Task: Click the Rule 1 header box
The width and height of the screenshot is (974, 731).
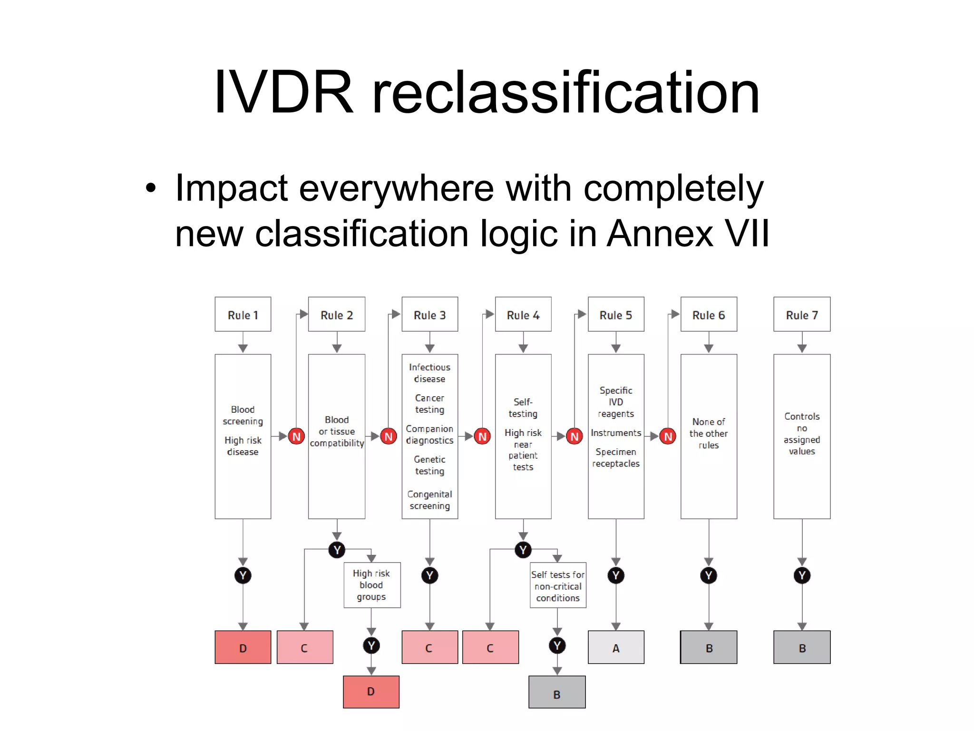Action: tap(243, 315)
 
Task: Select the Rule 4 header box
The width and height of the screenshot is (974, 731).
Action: tap(523, 315)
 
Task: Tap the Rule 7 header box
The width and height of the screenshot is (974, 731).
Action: tap(802, 315)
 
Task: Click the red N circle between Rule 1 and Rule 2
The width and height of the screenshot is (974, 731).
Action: tap(296, 436)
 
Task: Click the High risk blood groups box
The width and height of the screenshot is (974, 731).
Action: tap(371, 585)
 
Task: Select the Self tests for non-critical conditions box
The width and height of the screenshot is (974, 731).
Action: tap(558, 586)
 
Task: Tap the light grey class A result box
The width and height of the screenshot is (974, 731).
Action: tap(616, 647)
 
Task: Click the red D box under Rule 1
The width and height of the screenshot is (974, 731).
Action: tap(243, 647)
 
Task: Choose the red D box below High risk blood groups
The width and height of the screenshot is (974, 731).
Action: tap(371, 691)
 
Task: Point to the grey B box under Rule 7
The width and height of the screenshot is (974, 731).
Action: tap(802, 647)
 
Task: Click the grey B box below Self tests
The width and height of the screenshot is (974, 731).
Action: tap(557, 692)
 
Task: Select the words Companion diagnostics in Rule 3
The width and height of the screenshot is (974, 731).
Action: tap(429, 435)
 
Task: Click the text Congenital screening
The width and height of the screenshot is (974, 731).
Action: tap(429, 500)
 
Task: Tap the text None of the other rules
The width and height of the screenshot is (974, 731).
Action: tap(709, 433)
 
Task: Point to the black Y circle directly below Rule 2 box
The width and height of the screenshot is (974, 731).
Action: tap(337, 550)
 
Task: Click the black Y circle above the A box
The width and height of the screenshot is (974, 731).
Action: tap(616, 575)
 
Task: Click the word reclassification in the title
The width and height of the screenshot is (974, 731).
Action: tap(565, 93)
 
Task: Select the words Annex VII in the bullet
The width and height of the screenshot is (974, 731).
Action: tap(688, 233)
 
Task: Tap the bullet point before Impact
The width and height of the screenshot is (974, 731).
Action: tap(151, 188)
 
